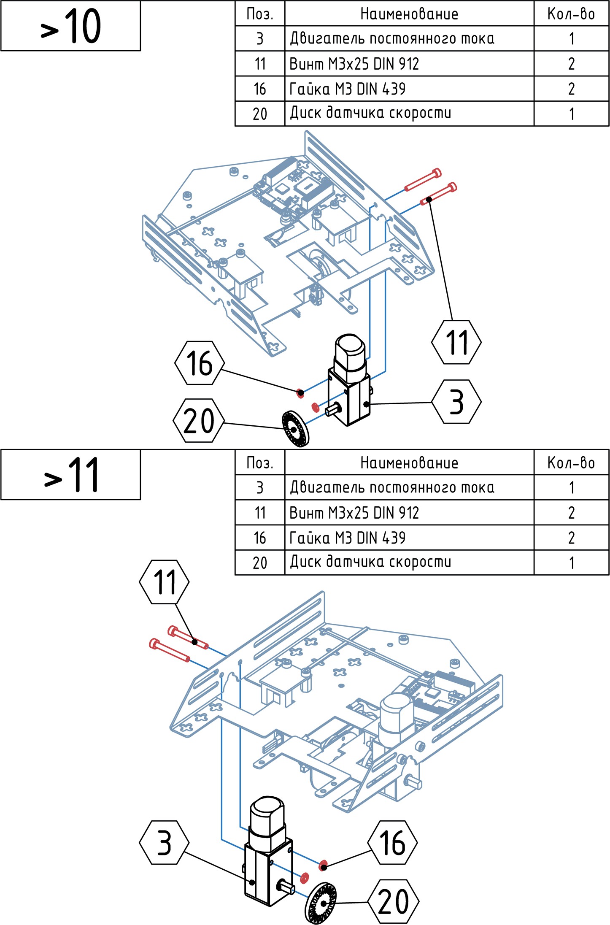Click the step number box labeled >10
tap(70, 26)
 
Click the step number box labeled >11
tap(70, 475)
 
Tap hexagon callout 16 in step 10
tap(200, 363)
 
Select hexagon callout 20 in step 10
tap(199, 421)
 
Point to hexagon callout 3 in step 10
tap(456, 402)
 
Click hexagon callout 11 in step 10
tap(456, 342)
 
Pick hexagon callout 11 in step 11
tap(164, 582)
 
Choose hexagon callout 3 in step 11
tap(164, 843)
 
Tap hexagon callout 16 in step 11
tap(393, 843)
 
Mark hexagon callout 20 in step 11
tap(394, 901)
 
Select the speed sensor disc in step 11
tap(321, 903)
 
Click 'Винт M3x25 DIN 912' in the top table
tap(354, 64)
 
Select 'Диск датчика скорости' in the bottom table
tap(370, 562)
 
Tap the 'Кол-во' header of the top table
tap(571, 14)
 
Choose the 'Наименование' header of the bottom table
tap(409, 463)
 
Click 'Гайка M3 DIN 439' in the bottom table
tap(348, 538)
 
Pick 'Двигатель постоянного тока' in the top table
tap(392, 39)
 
